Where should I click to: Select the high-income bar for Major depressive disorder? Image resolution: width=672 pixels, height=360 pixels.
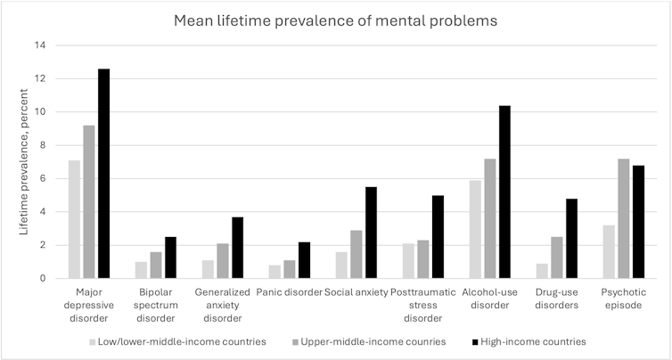click(104, 174)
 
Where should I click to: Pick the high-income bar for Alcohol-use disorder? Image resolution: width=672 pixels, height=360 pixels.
click(505, 192)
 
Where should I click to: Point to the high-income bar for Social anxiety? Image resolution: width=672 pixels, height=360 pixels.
click(372, 233)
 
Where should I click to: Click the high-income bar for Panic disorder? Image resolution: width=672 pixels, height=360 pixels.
click(305, 260)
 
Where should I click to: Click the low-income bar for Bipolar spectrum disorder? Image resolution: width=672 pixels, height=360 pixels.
click(139, 270)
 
